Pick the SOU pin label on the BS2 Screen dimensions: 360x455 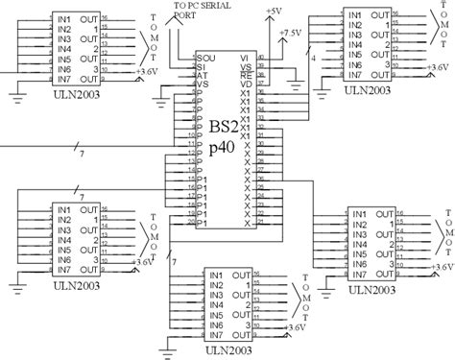tap(204, 57)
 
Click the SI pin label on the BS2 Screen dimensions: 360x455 tap(201, 65)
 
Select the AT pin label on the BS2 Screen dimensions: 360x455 tap(201, 74)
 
